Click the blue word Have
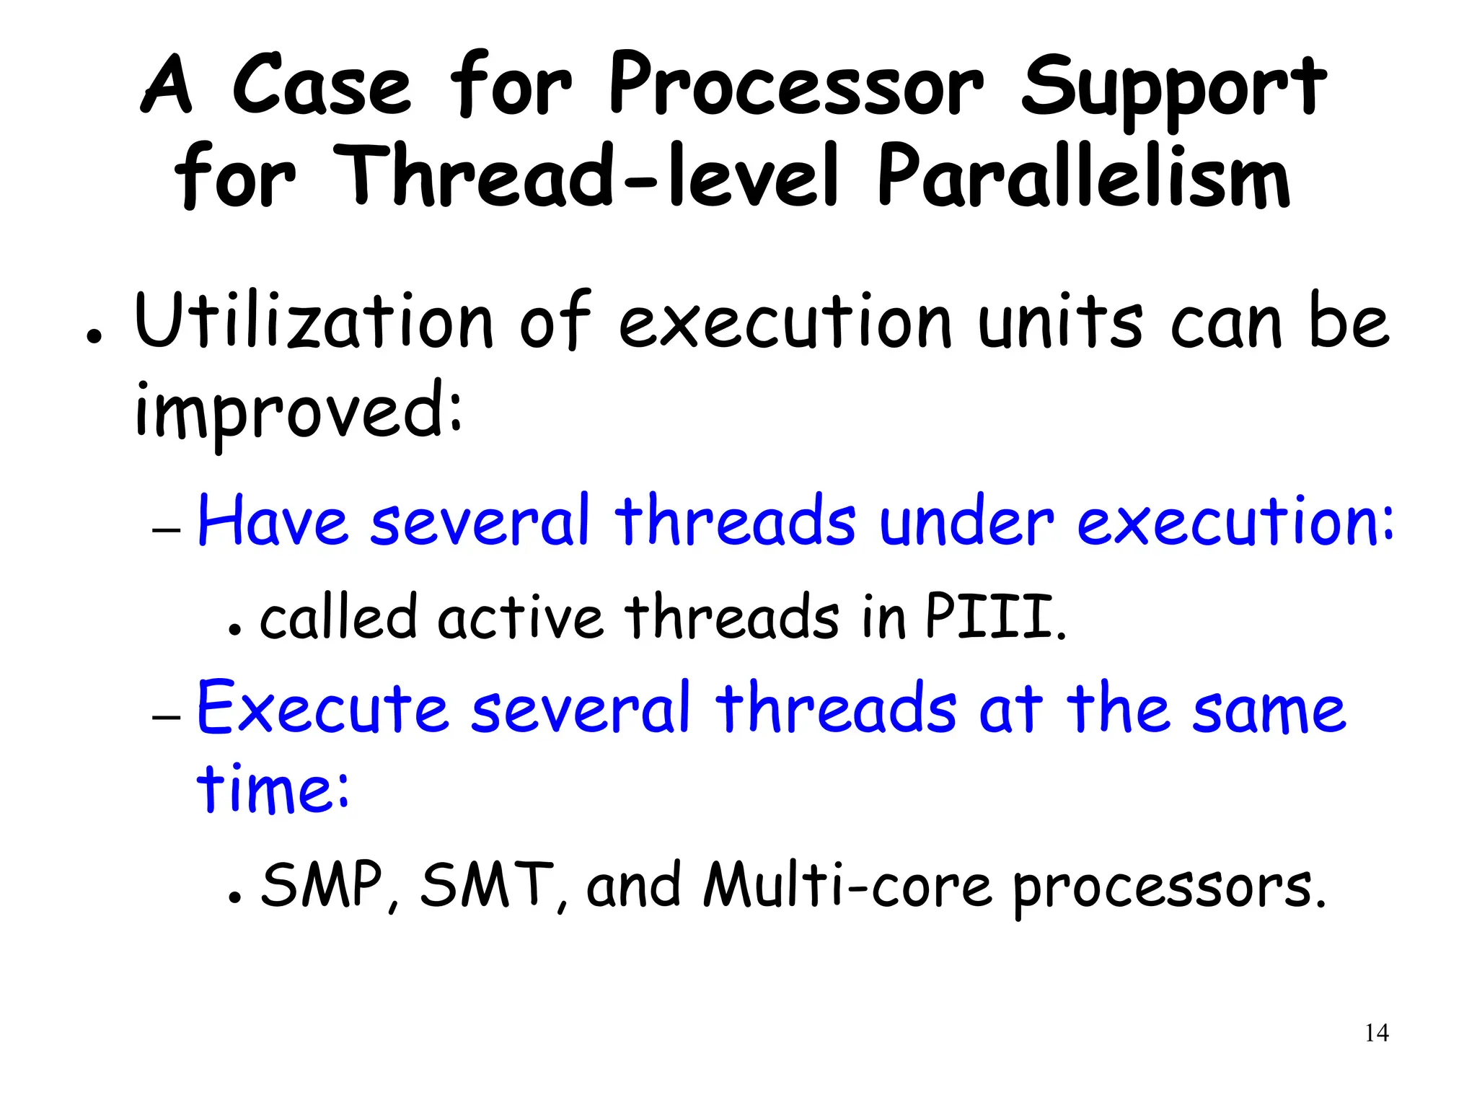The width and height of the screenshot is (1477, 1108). pos(273,521)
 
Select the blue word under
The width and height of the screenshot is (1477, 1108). pos(966,521)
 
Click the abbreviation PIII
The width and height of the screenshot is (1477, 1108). pos(994,617)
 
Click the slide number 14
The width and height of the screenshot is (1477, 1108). pos(1376,1033)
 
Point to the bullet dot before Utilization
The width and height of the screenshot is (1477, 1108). pos(92,338)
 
